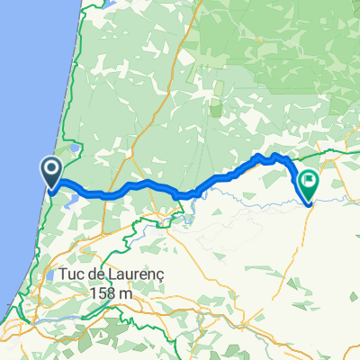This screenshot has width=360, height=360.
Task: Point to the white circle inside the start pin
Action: [x=50, y=166]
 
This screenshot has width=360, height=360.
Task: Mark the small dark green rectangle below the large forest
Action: [x=216, y=111]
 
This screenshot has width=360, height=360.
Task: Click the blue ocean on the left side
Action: [x=18, y=135]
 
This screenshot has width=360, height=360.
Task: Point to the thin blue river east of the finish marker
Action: [x=337, y=192]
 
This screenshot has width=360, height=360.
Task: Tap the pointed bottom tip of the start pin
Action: [x=50, y=190]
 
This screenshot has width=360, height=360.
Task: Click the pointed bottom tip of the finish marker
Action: [x=309, y=204]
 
